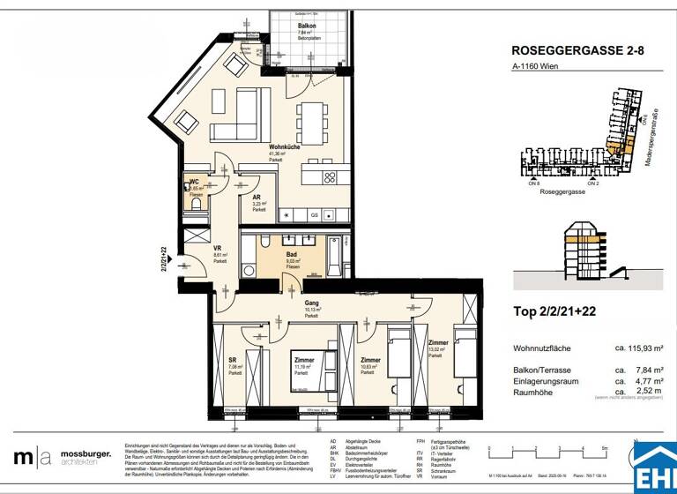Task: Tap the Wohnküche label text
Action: [x=282, y=147]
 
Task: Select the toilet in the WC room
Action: [x=196, y=202]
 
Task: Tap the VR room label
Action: [x=218, y=250]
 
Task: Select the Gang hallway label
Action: [x=311, y=303]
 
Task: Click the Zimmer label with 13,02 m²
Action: [x=438, y=342]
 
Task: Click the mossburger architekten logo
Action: [x=63, y=457]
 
